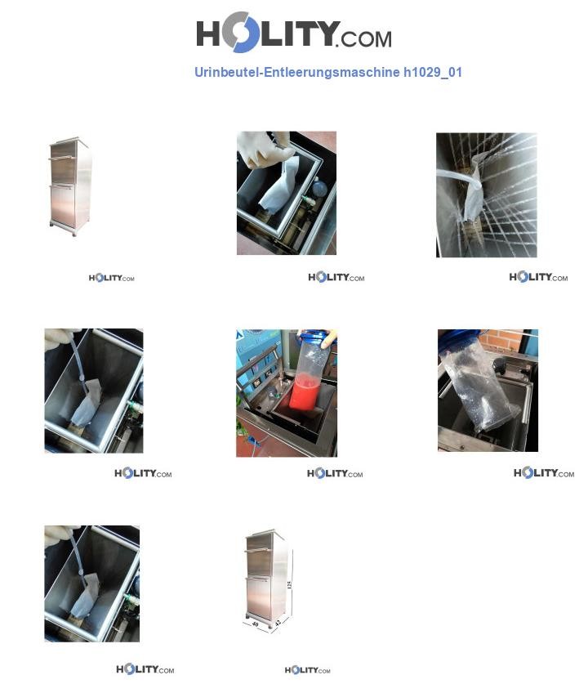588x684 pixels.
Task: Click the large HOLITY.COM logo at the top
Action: [x=293, y=34]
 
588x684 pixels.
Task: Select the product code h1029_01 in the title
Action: [x=433, y=72]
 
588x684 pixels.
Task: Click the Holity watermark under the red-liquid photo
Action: [x=335, y=474]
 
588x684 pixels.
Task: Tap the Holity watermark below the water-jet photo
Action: [x=538, y=278]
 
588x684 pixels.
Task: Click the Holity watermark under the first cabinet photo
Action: [x=111, y=279]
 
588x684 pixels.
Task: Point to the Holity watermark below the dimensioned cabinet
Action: [x=307, y=671]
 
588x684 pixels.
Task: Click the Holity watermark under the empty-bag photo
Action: [x=543, y=474]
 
